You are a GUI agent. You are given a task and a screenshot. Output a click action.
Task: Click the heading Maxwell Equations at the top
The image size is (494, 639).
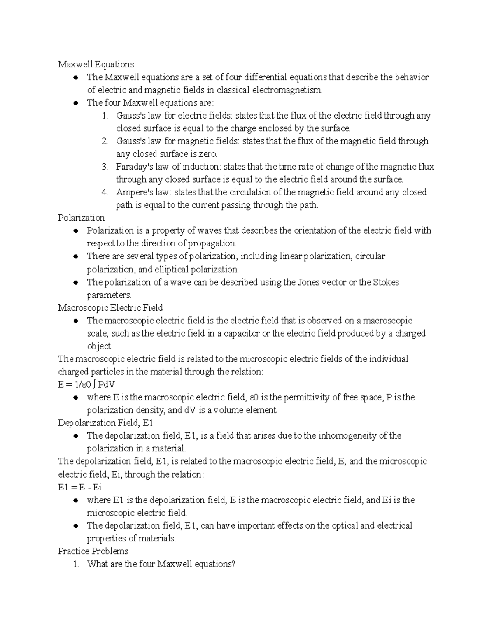click(96, 64)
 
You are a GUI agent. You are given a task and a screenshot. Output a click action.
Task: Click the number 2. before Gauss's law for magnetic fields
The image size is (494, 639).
click(105, 141)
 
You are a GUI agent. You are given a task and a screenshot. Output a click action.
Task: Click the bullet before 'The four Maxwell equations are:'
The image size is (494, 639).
click(75, 103)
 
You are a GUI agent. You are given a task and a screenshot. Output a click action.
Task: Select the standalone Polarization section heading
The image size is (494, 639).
click(81, 218)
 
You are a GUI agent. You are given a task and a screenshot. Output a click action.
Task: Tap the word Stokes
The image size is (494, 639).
click(386, 282)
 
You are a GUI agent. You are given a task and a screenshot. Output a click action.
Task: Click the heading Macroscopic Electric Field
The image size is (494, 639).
click(110, 308)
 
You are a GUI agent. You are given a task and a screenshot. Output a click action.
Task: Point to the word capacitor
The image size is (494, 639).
click(241, 333)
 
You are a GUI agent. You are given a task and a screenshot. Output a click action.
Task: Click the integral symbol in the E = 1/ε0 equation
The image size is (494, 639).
click(95, 384)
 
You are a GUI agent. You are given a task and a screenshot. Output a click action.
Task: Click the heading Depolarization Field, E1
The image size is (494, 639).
click(105, 423)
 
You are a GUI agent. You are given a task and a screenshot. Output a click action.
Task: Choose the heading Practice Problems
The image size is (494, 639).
click(93, 551)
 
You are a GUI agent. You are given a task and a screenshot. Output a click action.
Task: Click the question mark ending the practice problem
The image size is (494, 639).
click(233, 564)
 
